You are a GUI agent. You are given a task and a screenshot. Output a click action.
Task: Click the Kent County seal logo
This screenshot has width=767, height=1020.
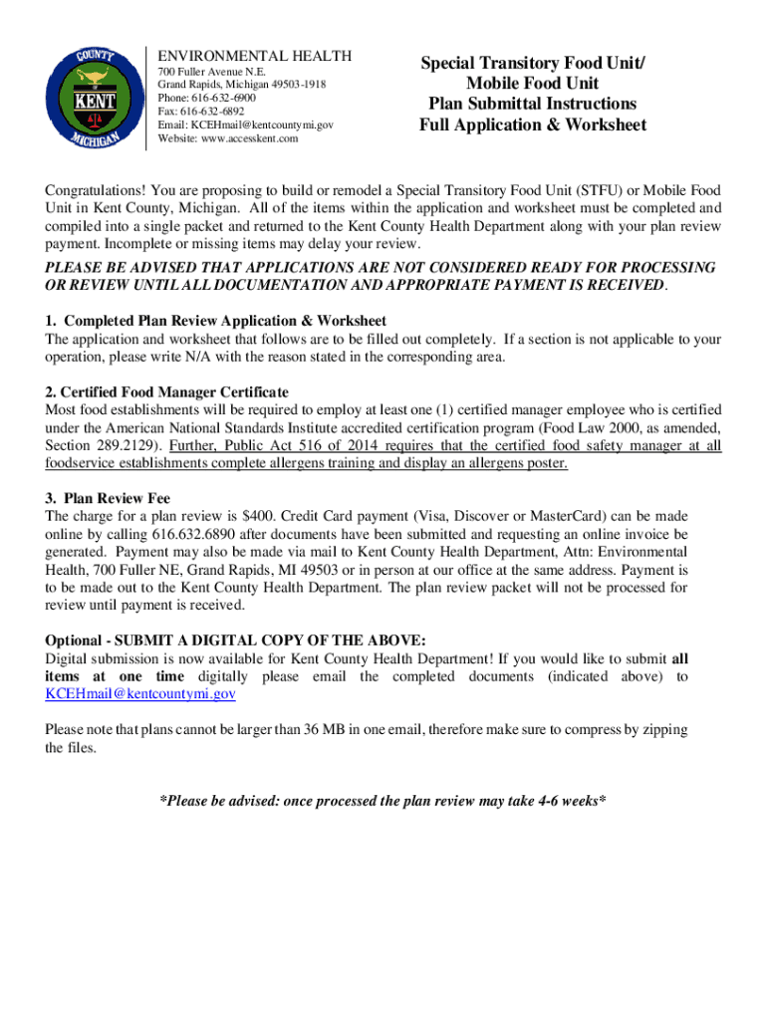click(94, 98)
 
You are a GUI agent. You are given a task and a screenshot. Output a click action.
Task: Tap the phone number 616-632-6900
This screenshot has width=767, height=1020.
click(220, 100)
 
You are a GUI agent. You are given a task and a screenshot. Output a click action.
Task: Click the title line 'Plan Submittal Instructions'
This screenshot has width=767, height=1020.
click(532, 104)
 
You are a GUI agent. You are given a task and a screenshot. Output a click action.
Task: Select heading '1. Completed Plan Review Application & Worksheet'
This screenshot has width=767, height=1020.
click(216, 321)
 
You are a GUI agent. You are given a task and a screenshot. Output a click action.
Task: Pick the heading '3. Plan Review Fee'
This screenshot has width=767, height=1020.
click(108, 498)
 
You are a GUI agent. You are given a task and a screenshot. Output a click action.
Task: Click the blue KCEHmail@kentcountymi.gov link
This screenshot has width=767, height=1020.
click(140, 694)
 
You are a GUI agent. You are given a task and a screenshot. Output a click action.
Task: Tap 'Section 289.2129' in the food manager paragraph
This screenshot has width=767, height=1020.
click(100, 445)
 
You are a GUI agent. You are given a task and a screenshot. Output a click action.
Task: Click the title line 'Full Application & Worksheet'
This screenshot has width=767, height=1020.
click(532, 125)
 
